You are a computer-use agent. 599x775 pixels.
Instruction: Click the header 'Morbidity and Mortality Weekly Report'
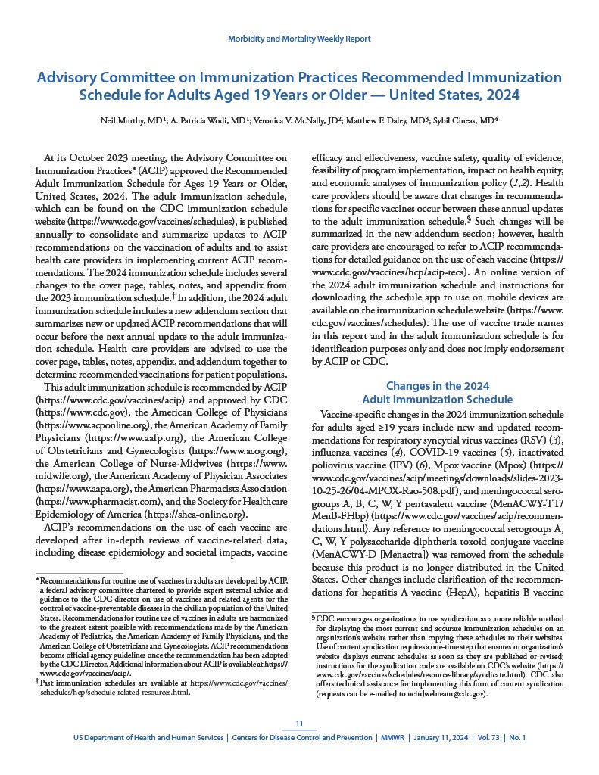(299, 38)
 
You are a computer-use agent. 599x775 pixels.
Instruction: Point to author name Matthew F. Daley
(399, 120)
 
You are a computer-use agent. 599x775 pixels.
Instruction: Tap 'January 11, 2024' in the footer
(440, 736)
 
